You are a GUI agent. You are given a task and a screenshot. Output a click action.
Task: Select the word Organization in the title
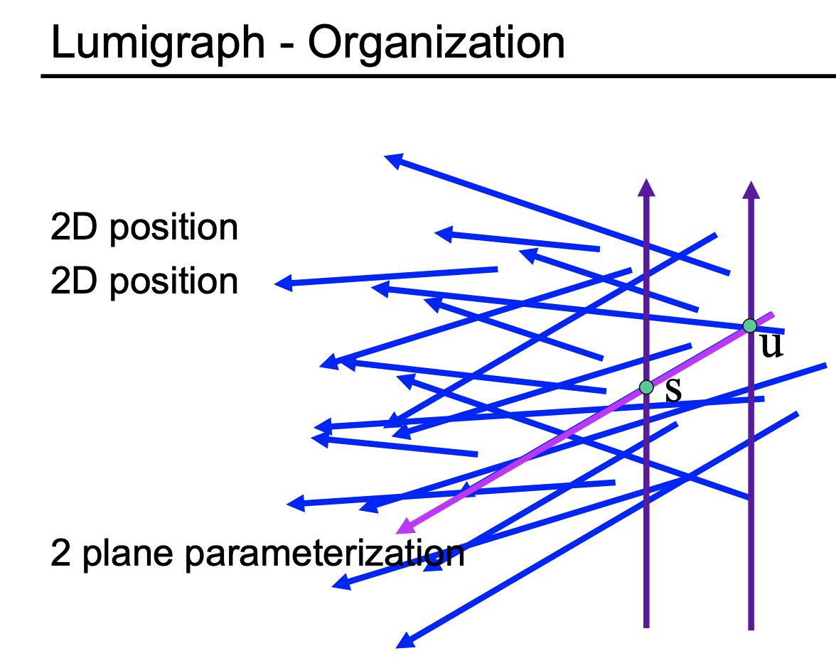pyautogui.click(x=436, y=44)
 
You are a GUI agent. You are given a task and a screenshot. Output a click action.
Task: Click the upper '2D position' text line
pyautogui.click(x=144, y=228)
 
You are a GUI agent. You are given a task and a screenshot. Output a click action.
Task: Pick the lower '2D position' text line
pyautogui.click(x=144, y=282)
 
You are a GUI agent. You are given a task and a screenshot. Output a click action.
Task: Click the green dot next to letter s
pyautogui.click(x=645, y=387)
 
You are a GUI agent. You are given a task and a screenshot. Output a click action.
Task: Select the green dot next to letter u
pyautogui.click(x=749, y=326)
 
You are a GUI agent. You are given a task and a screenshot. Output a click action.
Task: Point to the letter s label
pyautogui.click(x=672, y=391)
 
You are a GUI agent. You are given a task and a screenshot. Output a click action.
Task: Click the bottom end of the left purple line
pyautogui.click(x=646, y=625)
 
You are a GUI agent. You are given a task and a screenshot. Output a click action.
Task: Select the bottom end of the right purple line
pyautogui.click(x=751, y=627)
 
